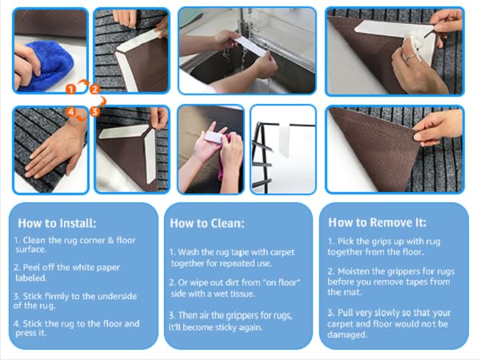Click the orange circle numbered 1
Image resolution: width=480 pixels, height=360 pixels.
70,90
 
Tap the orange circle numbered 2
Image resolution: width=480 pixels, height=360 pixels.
95,90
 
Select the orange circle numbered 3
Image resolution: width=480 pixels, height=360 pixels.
95,111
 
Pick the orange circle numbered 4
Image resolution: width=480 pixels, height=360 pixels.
70,111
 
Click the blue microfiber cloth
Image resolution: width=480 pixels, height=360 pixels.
51,66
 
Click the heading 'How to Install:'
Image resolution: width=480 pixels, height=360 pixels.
57,223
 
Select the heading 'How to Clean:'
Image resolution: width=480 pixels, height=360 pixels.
207,223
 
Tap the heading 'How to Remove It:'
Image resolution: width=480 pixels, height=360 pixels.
377,222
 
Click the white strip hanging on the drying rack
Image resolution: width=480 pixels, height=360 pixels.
284,139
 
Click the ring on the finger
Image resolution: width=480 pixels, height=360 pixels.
411,58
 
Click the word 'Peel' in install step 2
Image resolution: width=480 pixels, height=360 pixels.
31,267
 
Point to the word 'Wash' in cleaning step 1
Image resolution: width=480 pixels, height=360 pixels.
189,252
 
